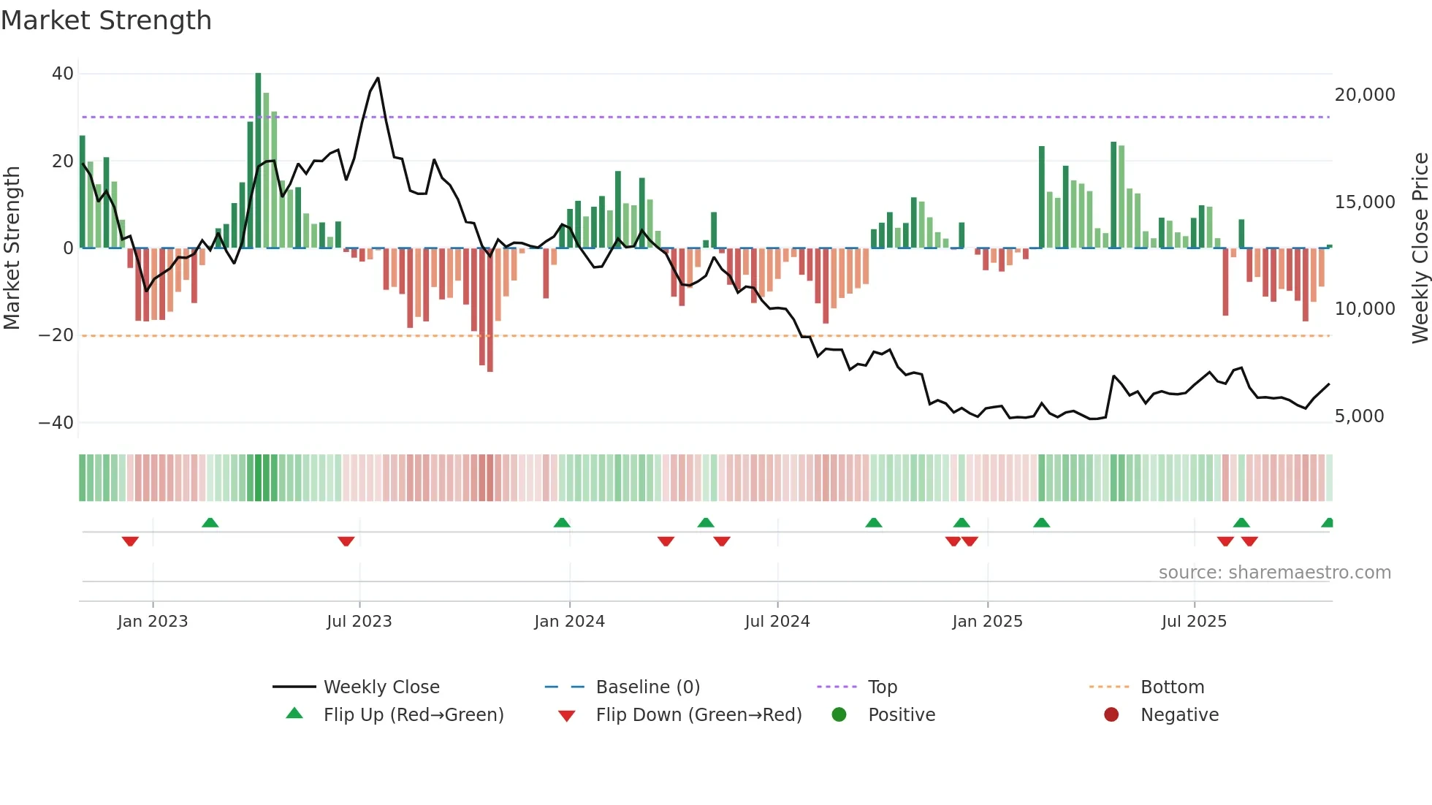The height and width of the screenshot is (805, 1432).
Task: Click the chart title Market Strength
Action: [106, 20]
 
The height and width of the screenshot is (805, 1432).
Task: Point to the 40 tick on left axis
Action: [63, 74]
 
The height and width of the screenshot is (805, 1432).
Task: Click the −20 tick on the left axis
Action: [56, 335]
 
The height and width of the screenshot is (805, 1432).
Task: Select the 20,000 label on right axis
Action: [1364, 95]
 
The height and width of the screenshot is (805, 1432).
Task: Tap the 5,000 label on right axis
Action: [1359, 416]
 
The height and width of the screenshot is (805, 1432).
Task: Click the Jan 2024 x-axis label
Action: [569, 622]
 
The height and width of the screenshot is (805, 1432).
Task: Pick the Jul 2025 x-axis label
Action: [1194, 622]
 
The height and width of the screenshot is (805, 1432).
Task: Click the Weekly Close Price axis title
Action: [1420, 248]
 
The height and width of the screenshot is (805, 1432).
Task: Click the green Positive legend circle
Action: [839, 715]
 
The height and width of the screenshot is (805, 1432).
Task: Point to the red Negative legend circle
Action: [1111, 715]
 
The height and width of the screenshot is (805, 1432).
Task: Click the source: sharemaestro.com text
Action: [1274, 573]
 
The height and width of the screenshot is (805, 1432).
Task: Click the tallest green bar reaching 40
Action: [258, 161]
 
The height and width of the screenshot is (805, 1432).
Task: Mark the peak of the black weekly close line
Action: [378, 78]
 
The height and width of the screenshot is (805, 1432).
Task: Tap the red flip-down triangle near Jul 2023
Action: [346, 541]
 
